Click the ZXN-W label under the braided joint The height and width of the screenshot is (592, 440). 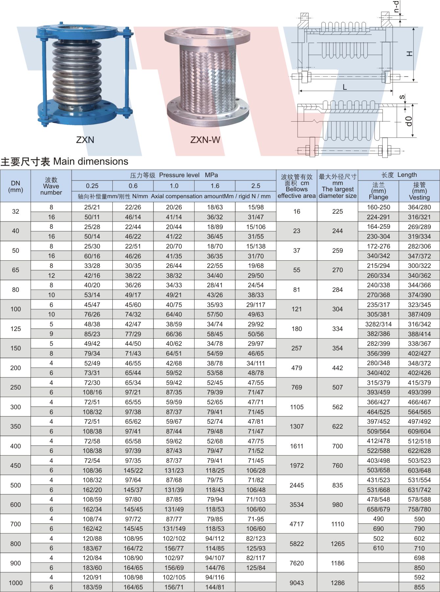[x=205, y=140]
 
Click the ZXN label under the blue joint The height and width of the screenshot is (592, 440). [x=85, y=140]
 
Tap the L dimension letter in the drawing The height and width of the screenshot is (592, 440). [x=345, y=87]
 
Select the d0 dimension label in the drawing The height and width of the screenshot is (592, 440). [x=409, y=121]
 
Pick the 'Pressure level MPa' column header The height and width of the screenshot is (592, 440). [x=174, y=175]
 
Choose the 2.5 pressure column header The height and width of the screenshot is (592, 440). [x=256, y=186]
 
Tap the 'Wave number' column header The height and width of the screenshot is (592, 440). [x=51, y=186]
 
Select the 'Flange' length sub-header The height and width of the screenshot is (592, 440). [x=378, y=191]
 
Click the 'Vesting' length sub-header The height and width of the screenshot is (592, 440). [x=419, y=191]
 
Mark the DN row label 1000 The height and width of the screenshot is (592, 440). [x=15, y=583]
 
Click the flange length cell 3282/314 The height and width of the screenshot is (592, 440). [x=378, y=324]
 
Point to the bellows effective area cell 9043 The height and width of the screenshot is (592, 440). [x=296, y=583]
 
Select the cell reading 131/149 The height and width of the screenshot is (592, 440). [x=174, y=529]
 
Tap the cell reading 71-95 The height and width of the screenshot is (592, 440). [x=256, y=519]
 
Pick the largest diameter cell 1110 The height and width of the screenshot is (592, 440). [x=337, y=524]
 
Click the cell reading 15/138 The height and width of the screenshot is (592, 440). [x=256, y=246]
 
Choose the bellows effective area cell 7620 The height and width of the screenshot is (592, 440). [x=296, y=563]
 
